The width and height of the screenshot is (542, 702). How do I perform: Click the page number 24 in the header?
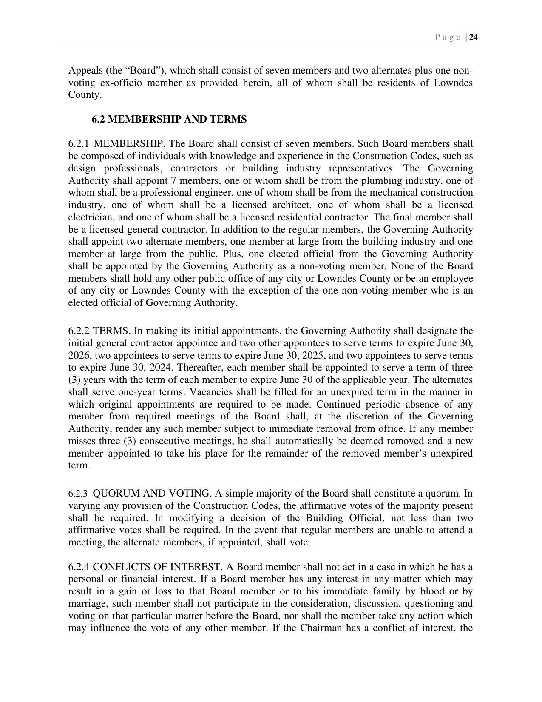point(474,37)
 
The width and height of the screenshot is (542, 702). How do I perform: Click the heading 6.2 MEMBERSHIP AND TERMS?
point(169,120)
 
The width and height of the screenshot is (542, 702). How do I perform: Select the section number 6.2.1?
point(79,144)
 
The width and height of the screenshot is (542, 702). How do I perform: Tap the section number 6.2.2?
point(79,331)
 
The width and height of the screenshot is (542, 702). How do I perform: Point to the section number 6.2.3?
point(78,494)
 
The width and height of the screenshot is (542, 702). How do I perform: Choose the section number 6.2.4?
point(79,567)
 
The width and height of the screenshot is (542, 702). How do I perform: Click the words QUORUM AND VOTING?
point(151,494)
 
